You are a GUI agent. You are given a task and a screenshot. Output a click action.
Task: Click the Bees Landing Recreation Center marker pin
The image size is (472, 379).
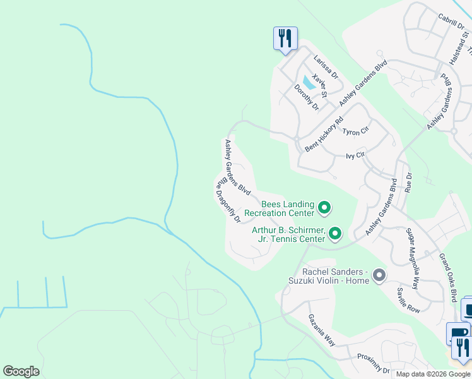(x=324, y=207)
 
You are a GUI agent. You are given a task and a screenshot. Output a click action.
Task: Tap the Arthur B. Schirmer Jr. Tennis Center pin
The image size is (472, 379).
(x=334, y=234)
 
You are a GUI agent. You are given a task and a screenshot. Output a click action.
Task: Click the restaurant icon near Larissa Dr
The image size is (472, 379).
(x=285, y=38)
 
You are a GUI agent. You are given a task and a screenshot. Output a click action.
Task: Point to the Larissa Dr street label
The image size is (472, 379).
(x=326, y=65)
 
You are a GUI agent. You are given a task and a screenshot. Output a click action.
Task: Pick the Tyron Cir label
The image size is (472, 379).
(x=355, y=131)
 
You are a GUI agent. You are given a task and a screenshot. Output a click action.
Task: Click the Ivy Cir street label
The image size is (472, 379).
(x=356, y=155)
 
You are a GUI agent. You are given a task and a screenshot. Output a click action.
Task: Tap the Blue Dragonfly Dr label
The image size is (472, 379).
(x=228, y=200)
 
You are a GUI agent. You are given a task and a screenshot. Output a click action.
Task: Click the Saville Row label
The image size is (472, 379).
(x=408, y=300)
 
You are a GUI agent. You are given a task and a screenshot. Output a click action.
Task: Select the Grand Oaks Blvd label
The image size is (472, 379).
(x=449, y=277)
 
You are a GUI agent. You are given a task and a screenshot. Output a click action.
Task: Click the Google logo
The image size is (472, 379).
(x=21, y=371)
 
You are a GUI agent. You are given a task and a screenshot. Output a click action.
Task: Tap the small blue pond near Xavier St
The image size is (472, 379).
(x=307, y=81)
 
